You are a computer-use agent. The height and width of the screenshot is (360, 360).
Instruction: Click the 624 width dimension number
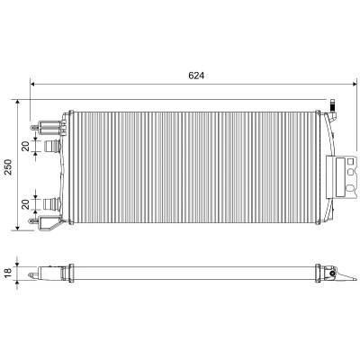click(x=196, y=76)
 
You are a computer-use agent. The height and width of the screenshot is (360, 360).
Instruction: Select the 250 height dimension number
click(x=7, y=166)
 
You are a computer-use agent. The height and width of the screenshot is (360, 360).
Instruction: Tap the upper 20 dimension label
click(x=26, y=146)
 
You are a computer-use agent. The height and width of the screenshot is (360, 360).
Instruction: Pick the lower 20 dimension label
click(x=26, y=204)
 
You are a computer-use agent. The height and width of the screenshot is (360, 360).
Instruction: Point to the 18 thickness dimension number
click(x=8, y=273)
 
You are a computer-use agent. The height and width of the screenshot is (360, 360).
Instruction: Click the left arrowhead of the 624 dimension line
click(x=33, y=85)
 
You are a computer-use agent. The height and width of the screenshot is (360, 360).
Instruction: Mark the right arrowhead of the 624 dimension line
click(x=355, y=85)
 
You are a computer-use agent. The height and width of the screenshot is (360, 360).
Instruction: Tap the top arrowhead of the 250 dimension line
click(x=17, y=103)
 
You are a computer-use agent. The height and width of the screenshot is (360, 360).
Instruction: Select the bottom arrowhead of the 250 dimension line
click(x=17, y=228)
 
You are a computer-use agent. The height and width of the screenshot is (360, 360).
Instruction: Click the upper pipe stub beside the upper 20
click(x=52, y=147)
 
